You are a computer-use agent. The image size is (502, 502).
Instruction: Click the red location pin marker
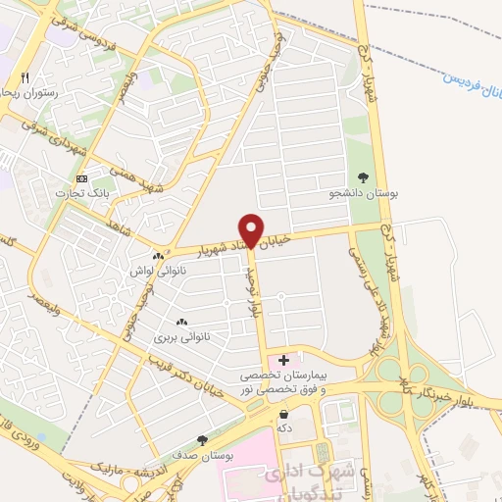pyautogui.click(x=252, y=229)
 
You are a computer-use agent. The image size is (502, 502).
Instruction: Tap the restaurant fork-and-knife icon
pyautogui.click(x=26, y=77)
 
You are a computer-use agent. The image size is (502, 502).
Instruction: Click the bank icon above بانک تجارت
pyautogui.click(x=81, y=178)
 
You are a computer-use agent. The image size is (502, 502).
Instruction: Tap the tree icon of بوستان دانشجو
pyautogui.click(x=364, y=177)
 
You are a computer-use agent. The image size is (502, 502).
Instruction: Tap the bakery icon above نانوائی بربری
pyautogui.click(x=180, y=322)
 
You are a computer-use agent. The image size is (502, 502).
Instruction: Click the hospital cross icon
pyautogui.click(x=284, y=361)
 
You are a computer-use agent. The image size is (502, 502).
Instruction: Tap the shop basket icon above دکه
pyautogui.click(x=284, y=415)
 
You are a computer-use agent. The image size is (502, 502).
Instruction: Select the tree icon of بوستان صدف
pyautogui.click(x=203, y=440)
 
